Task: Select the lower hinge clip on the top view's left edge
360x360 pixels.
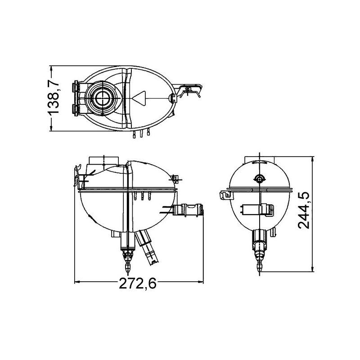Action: coord(76,109)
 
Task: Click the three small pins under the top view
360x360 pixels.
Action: coord(142,134)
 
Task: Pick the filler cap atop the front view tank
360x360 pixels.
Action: coord(104,161)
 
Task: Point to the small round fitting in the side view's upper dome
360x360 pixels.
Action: coord(259,179)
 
